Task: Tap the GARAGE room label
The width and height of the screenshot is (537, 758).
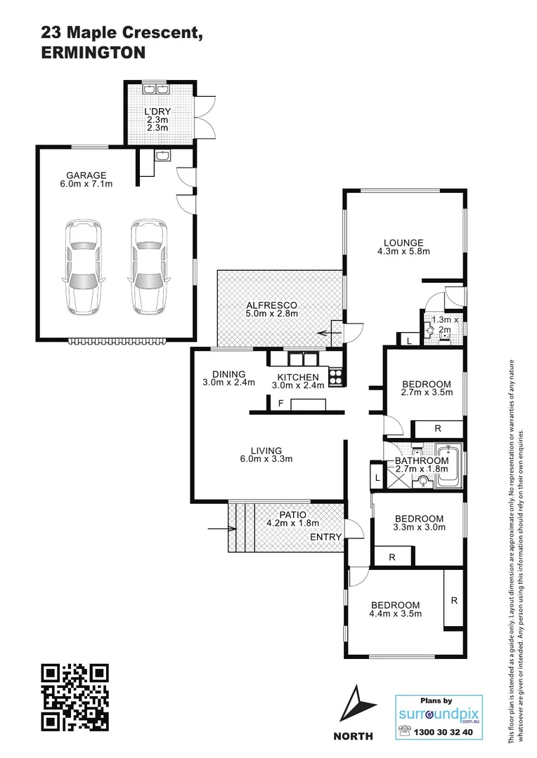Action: tap(86, 175)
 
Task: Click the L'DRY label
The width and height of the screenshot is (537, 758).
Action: tap(157, 112)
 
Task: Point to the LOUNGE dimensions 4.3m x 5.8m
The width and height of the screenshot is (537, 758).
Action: tap(403, 251)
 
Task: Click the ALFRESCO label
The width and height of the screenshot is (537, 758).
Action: tap(271, 305)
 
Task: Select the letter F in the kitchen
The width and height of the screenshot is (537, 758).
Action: tap(280, 404)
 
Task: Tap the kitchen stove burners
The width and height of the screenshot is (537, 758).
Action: tap(335, 377)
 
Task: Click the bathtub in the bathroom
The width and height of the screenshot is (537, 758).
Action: tap(447, 466)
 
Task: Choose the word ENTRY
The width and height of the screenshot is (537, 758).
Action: tap(327, 537)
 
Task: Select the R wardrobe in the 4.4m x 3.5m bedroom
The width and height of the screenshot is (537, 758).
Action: tap(454, 600)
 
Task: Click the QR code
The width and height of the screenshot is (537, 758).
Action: tap(75, 697)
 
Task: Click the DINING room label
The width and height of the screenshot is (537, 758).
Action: tap(229, 373)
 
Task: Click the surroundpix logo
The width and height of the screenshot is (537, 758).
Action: tap(439, 712)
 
